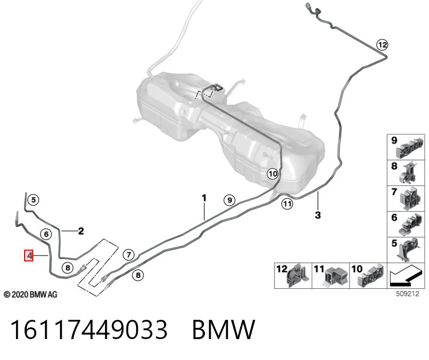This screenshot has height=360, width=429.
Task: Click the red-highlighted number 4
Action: coord(29,256)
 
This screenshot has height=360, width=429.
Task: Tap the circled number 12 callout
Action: coord(382,44)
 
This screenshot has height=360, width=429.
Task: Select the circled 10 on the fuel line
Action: coord(272,174)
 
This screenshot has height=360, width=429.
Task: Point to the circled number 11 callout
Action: coord(287,204)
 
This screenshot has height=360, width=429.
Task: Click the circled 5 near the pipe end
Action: coord(33,199)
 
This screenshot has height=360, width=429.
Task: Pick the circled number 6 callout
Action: coord(46,234)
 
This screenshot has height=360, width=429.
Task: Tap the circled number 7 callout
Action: coord(129,255)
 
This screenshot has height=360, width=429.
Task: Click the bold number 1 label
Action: coord(204,198)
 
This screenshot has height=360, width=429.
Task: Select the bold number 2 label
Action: coord(81,231)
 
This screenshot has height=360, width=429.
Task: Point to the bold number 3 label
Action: coord(317,215)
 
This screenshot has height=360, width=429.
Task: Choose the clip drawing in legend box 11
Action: coord(336,276)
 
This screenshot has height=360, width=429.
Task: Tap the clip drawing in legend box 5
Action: coord(408,249)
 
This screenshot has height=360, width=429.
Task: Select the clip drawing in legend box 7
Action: coord(411,198)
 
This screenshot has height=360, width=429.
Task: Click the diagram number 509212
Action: coord(408,294)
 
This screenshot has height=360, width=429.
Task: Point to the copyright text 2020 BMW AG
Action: coord(31,295)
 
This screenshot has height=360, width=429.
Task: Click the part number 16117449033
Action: coord(88,329)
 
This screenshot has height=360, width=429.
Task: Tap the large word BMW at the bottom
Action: coord(224,329)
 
